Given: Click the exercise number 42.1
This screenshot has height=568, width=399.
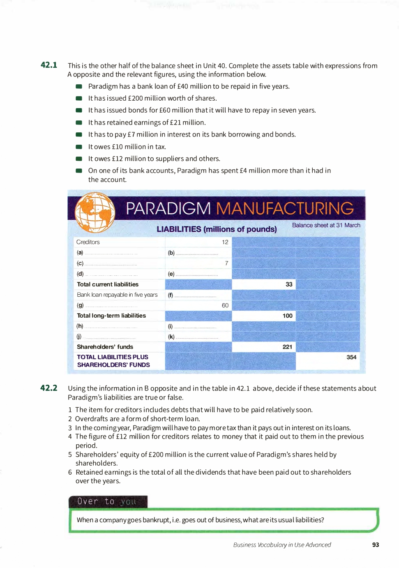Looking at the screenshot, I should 49,65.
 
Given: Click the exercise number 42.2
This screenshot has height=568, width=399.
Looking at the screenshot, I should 49,388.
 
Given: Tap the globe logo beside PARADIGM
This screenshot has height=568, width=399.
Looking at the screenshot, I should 95,212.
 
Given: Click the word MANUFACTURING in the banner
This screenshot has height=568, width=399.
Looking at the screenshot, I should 285,208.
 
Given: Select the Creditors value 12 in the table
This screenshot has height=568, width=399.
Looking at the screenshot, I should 225,242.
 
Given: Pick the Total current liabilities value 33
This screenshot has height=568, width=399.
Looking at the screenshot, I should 289,284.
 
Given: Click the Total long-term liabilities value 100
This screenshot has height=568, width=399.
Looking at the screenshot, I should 288,316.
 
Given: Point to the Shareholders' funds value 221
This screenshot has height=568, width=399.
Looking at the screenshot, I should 287,347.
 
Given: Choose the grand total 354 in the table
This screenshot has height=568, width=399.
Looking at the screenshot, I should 351,357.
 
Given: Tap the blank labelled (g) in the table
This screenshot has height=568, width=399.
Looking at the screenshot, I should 111,306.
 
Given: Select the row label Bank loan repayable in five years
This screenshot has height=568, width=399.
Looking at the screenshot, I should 117,295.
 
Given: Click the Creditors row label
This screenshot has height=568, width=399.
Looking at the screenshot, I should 88,242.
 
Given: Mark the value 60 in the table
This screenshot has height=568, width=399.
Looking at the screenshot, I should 225,305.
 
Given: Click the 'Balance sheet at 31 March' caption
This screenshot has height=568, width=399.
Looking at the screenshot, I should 326,225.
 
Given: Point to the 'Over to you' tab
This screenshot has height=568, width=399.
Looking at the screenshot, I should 107,501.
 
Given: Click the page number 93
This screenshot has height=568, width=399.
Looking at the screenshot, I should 376,545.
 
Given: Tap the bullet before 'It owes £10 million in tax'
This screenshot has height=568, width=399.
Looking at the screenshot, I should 79,147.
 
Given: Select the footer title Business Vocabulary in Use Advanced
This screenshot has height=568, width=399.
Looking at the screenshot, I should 282,545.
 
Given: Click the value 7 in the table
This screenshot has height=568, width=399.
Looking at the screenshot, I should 226,263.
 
